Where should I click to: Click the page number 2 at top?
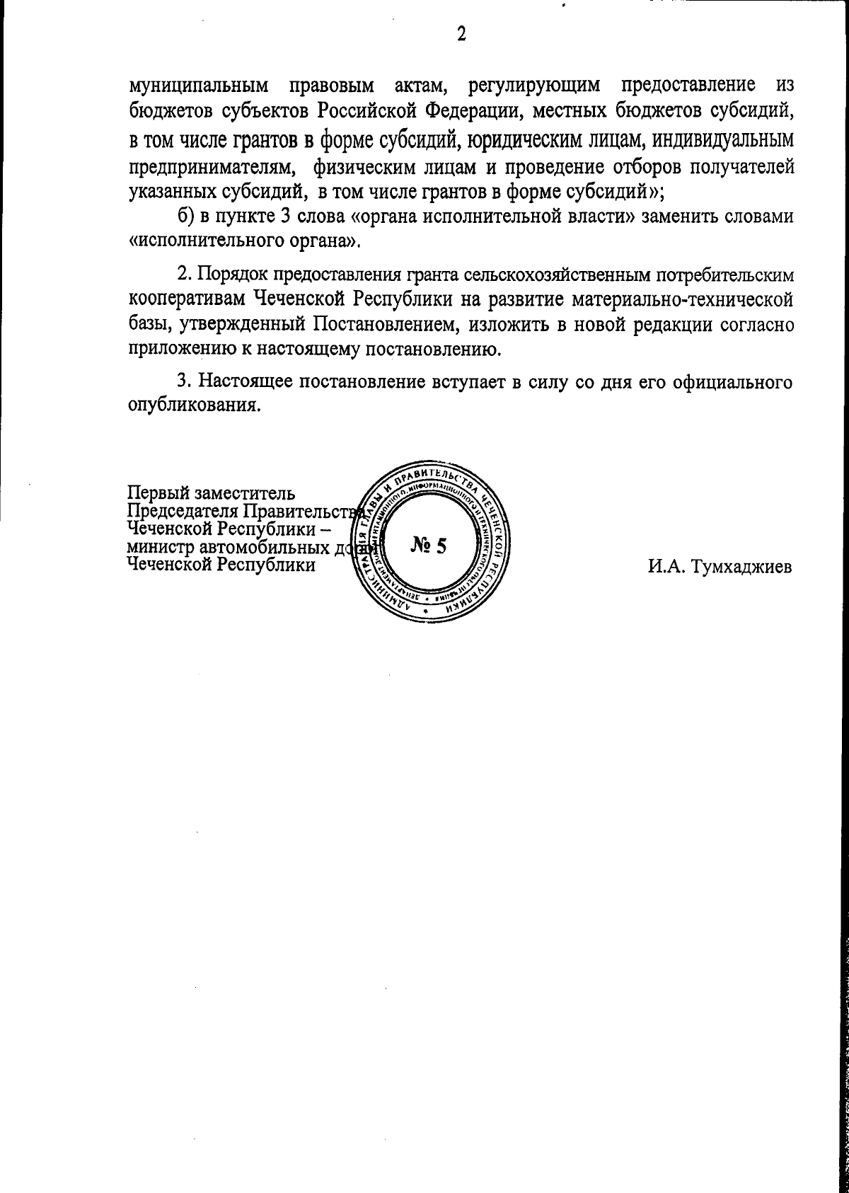461,33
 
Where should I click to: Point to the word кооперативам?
187,299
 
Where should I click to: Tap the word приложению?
185,350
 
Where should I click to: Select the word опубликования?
192,406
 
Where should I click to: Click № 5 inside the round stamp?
429,546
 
